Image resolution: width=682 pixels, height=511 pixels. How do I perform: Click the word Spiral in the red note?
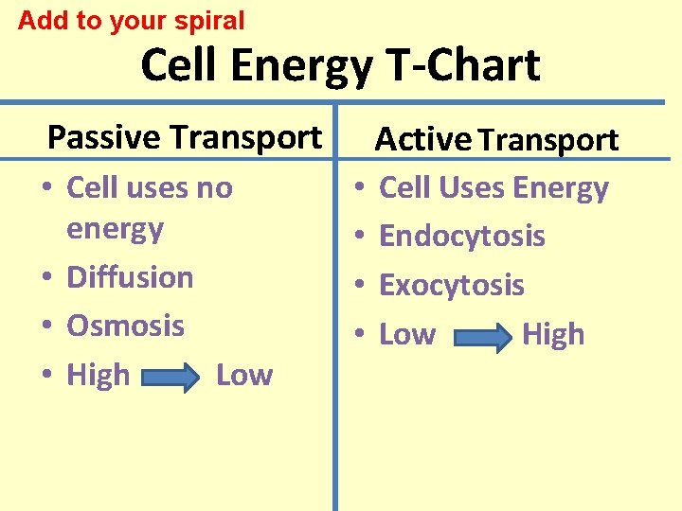[x=209, y=20]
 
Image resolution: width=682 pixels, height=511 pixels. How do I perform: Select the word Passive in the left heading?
[x=104, y=137]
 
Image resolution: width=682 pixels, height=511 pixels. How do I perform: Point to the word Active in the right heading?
[x=422, y=140]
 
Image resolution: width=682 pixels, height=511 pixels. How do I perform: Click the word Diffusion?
[x=130, y=277]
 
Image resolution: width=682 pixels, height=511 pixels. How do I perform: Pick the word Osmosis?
[x=125, y=326]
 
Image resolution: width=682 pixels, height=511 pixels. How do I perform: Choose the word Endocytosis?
[x=461, y=236]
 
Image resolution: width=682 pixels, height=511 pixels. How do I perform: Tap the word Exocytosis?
[x=451, y=285]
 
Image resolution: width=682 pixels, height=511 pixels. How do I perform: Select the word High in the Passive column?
[x=98, y=376]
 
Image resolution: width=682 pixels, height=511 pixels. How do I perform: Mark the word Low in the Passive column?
[x=243, y=376]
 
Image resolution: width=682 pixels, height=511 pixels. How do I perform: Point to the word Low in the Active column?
[x=407, y=335]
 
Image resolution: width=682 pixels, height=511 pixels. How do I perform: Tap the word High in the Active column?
[x=553, y=335]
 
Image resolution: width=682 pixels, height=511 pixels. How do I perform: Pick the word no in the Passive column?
[x=214, y=187]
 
